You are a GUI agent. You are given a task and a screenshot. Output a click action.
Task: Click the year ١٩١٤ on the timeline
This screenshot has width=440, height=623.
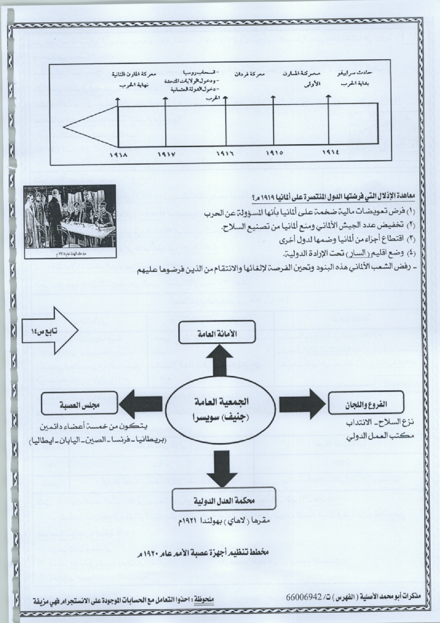point(329,152)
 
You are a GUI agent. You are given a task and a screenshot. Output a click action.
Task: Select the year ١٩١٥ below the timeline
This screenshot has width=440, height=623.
point(274,153)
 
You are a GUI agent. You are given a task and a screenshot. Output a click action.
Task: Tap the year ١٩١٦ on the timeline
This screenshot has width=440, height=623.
point(225,154)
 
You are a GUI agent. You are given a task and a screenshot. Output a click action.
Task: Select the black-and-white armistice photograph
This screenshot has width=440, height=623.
point(70,221)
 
